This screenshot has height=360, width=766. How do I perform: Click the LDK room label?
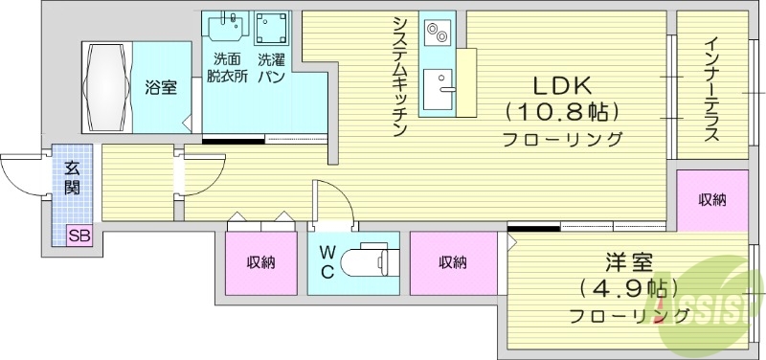tap(563, 84)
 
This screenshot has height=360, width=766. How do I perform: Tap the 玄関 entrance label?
tap(72, 178)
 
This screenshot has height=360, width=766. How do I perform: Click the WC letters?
tap(327, 261)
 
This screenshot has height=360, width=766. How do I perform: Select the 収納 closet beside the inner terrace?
tap(711, 199)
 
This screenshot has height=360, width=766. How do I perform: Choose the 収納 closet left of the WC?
tap(260, 262)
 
